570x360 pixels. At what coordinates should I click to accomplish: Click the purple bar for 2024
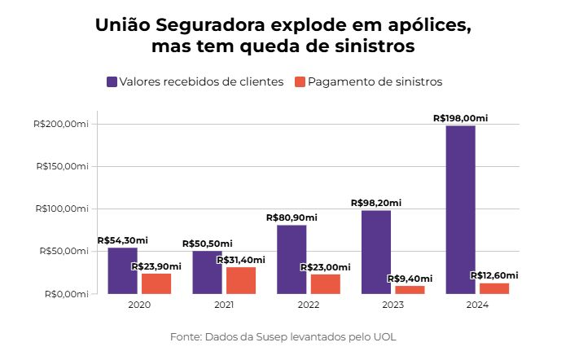coord(461,210)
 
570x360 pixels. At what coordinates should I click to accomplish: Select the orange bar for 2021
coord(241,280)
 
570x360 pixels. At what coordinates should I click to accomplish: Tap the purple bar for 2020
coord(122,270)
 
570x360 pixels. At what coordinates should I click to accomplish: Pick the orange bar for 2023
coord(410,290)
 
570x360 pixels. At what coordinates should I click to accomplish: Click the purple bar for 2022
coord(292,259)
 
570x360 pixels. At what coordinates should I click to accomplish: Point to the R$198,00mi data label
coord(461,118)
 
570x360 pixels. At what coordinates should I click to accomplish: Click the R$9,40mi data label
coord(410,279)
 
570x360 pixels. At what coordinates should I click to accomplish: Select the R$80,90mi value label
coord(292,217)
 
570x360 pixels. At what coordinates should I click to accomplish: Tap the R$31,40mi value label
coord(241,260)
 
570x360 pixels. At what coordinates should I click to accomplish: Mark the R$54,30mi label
coord(122,240)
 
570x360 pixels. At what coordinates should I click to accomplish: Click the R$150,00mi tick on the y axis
coord(62,166)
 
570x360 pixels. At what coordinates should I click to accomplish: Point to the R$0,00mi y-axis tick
coord(67,294)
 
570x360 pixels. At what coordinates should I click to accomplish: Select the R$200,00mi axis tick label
coord(61,124)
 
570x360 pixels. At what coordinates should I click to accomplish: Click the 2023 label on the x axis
coord(393,305)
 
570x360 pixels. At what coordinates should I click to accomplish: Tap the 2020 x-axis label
coord(139,305)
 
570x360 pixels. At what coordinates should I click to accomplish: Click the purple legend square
coord(112,81)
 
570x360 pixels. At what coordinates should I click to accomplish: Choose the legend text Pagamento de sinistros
coord(375,81)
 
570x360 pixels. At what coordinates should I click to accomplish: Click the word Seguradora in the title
coord(211,25)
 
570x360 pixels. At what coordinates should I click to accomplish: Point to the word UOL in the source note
coord(385,337)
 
